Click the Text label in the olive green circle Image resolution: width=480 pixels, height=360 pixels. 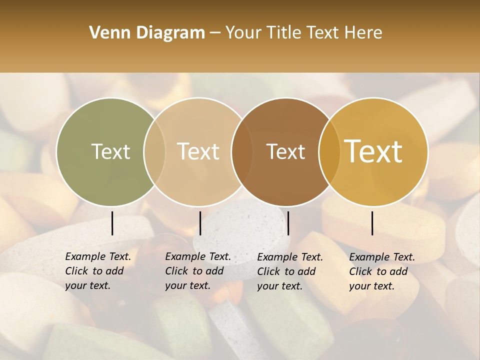pos(110,151)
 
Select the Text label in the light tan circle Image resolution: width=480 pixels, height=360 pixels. pos(198,151)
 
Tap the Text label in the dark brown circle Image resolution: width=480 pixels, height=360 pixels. pos(285,151)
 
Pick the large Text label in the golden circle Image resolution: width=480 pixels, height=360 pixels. pos(373,151)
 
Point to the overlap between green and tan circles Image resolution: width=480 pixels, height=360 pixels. pos(154,151)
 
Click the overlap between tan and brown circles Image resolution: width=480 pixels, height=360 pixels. pos(242,151)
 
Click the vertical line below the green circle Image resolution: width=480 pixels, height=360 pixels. pos(112,223)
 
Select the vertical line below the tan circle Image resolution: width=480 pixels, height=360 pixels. pos(200,223)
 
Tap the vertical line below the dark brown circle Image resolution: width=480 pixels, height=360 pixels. pos(288,223)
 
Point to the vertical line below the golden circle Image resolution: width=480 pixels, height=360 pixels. pos(372,223)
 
